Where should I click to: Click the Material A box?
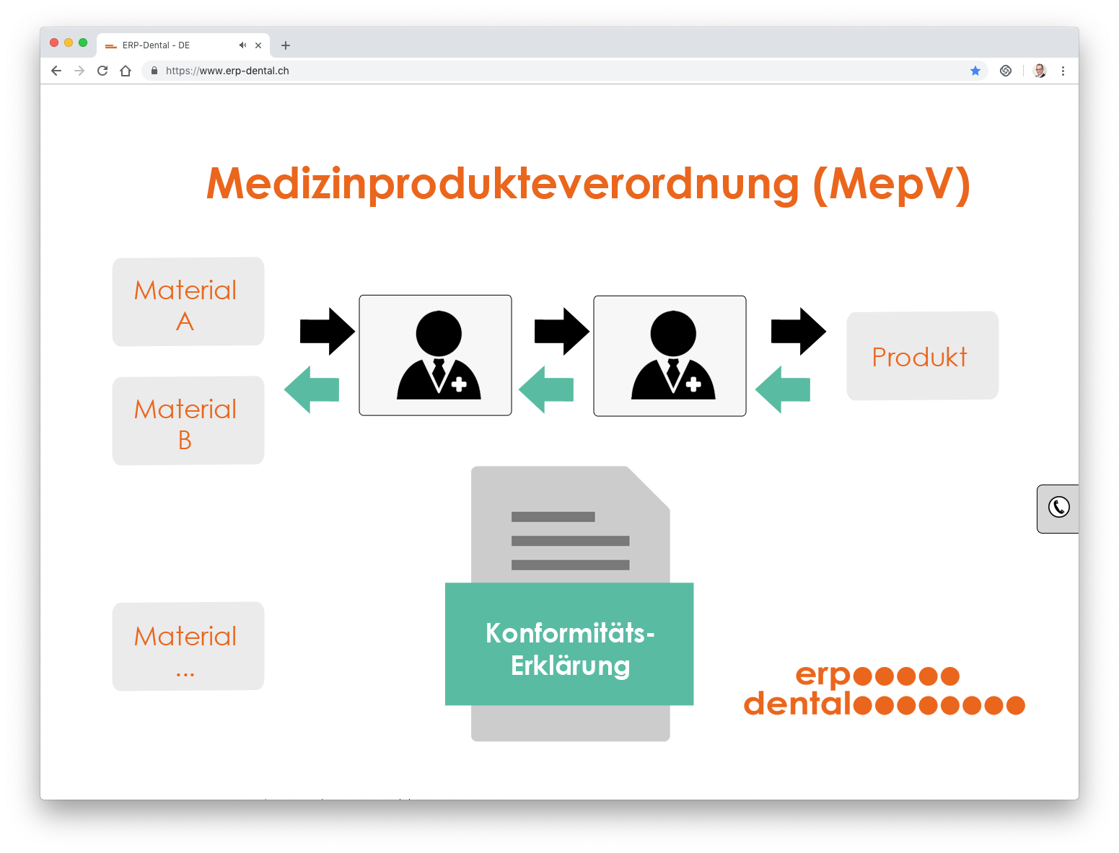click(188, 301)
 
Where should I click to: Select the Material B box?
click(188, 420)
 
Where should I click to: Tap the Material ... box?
click(188, 646)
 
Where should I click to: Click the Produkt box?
click(922, 355)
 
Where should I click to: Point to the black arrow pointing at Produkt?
click(799, 331)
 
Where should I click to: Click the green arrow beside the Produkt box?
click(783, 389)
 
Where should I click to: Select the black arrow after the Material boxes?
click(328, 331)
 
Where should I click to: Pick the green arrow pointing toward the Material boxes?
click(312, 389)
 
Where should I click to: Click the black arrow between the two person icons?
click(562, 331)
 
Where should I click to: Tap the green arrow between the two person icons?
click(546, 389)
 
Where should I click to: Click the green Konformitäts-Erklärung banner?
click(569, 644)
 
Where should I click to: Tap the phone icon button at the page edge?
click(1058, 508)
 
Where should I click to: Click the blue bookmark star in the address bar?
click(975, 71)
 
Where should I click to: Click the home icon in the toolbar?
click(126, 71)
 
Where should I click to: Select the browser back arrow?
click(56, 71)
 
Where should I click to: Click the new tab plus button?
click(286, 45)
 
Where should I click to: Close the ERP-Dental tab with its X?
click(258, 45)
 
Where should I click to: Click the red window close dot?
click(54, 43)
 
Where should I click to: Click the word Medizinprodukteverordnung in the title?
click(503, 185)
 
